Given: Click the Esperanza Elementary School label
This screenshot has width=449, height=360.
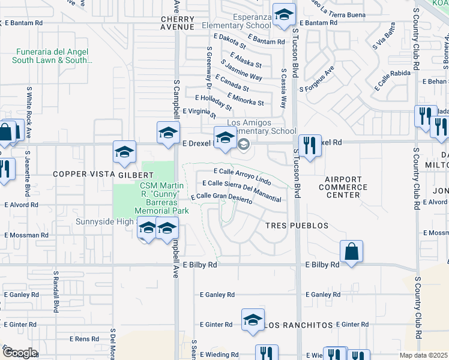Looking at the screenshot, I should point(237,21).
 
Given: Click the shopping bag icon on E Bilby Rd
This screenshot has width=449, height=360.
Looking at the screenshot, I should point(351,251).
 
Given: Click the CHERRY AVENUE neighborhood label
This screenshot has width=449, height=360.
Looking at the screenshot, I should point(177,22).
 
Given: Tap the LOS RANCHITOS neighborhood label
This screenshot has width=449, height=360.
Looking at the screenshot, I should point(298,325).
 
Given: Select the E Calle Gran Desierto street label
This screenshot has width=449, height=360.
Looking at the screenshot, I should point(221,197).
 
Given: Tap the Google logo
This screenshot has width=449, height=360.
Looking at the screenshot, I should point(20,352).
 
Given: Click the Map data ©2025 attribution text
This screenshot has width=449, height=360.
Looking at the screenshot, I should point(424,355).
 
